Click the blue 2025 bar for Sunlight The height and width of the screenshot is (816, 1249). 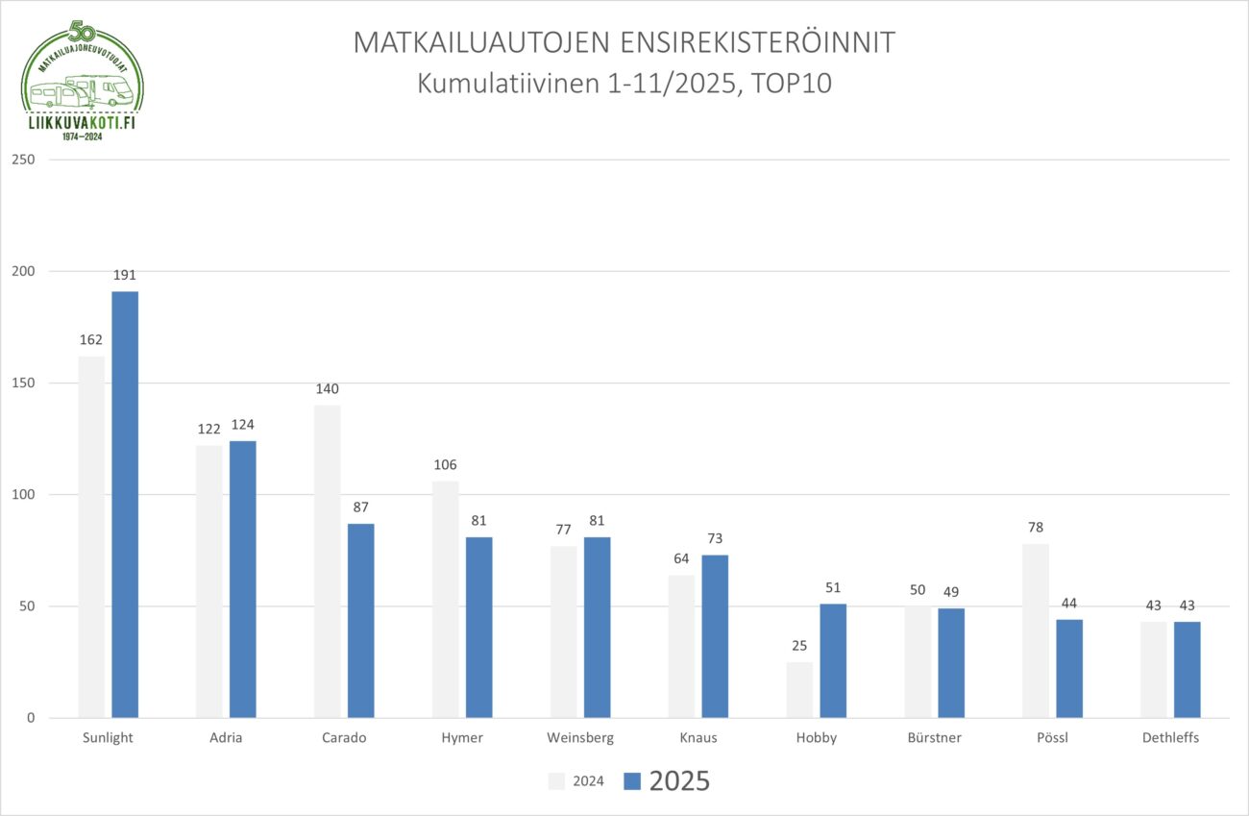click(x=125, y=505)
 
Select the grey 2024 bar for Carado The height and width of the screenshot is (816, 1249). click(x=327, y=561)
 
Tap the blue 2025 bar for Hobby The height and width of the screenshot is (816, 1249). click(x=833, y=661)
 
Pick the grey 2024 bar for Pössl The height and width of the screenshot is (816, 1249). click(x=1036, y=631)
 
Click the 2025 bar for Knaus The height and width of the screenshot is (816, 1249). click(x=715, y=636)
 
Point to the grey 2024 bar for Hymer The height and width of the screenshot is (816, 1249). click(x=445, y=600)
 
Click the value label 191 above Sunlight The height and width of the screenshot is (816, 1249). click(x=125, y=276)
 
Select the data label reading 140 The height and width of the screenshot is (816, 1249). click(x=327, y=389)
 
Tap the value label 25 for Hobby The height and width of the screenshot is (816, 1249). click(x=799, y=646)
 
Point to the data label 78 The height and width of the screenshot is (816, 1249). click(x=1035, y=528)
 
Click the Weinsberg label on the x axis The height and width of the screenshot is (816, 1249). click(x=580, y=738)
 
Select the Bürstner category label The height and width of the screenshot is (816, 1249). click(x=934, y=738)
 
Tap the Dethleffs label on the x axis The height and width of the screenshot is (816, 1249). click(x=1170, y=738)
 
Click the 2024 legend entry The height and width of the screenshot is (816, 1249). click(x=576, y=781)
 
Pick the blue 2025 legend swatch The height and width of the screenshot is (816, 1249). click(x=631, y=781)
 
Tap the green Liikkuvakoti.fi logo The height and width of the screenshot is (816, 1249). click(x=83, y=81)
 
